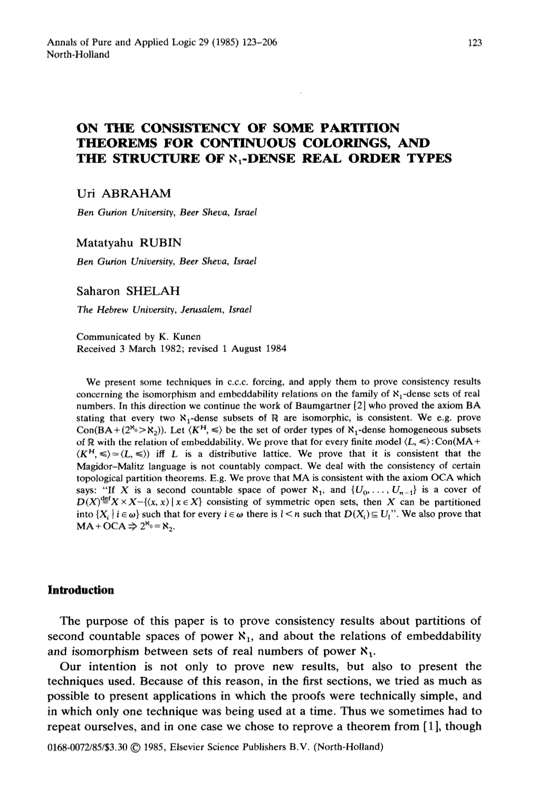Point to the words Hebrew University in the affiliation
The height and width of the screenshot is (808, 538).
130,310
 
